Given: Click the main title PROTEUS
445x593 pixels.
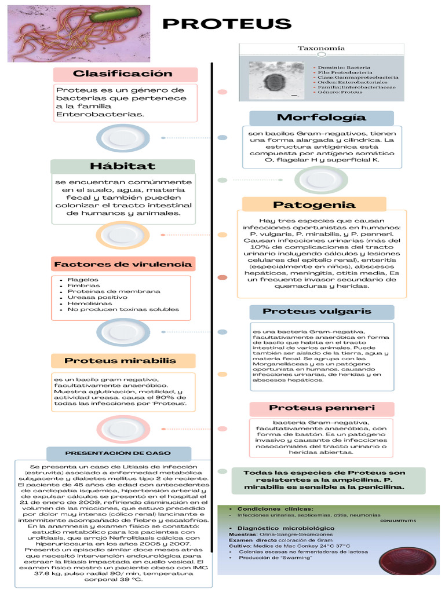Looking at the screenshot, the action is tap(227, 24).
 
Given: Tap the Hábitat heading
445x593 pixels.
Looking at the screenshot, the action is tap(122, 166).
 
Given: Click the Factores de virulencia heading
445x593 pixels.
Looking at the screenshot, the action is tap(122, 264).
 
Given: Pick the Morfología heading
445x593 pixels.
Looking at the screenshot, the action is tap(322, 118).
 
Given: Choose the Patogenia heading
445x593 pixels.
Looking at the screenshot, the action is tap(314, 204).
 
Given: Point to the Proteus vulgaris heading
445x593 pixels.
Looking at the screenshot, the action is tap(322, 312).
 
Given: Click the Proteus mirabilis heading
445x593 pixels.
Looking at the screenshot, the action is tap(120, 361).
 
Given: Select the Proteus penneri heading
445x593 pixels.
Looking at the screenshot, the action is tap(322, 408).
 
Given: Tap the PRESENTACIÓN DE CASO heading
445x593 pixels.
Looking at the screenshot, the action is tap(118, 453).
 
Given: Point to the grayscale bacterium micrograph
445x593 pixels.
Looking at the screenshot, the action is tap(276, 80).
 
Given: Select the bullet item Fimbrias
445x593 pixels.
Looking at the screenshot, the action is tap(79, 285).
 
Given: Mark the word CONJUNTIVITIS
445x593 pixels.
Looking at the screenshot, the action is tap(398, 521).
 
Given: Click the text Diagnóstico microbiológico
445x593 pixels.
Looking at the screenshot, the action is tap(285, 528).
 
